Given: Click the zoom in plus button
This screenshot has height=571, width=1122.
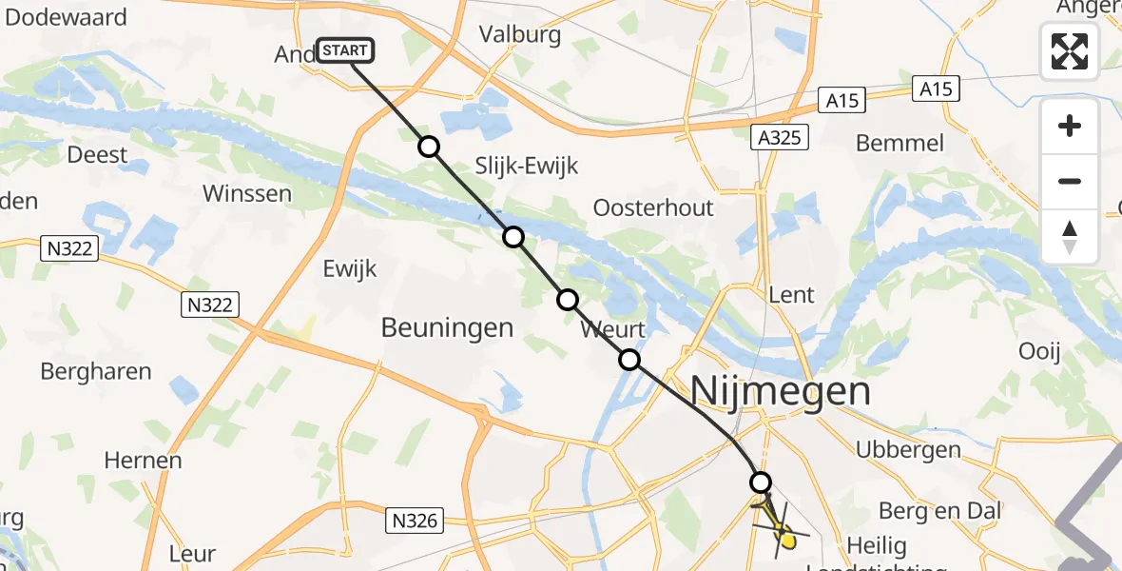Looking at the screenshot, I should point(1070,126).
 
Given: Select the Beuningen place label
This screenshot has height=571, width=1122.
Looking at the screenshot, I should point(447,328).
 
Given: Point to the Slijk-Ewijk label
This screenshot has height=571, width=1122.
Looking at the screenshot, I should point(528,167).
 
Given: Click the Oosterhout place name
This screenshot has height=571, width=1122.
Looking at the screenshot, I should point(652,207).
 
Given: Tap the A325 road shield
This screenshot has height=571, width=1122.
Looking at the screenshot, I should point(779,138).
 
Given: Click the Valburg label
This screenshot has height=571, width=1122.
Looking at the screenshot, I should point(520,35).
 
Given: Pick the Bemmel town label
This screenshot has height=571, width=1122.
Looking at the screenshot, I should point(900,144).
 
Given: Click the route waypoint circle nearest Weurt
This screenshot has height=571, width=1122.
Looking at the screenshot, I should point(629,360).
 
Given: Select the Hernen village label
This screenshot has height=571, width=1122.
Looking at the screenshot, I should point(143,461).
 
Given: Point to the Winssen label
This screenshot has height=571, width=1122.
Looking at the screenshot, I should point(247,193).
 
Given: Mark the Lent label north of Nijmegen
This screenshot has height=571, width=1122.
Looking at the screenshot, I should point(791,295).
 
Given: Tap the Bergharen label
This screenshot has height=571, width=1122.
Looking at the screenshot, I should point(96,371).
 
